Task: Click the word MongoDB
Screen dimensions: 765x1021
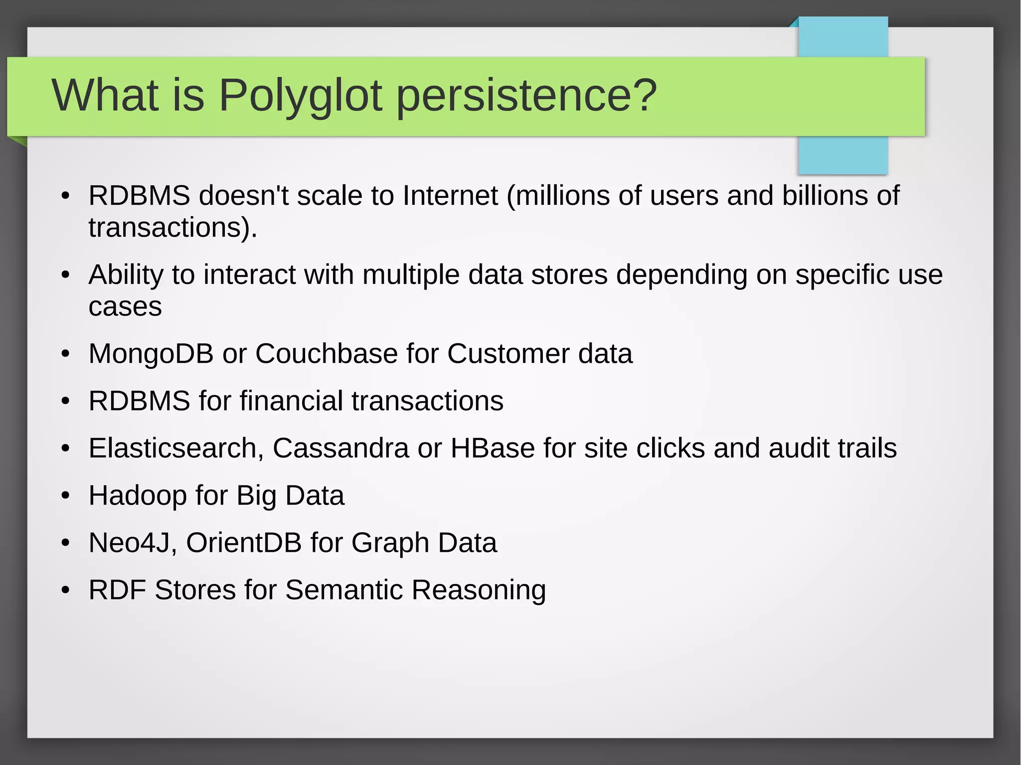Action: (151, 354)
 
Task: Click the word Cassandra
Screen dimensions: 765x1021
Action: (340, 448)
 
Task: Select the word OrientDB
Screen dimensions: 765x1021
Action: (244, 543)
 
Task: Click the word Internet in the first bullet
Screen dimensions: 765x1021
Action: (450, 195)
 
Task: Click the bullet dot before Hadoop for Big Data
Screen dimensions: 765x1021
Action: (65, 496)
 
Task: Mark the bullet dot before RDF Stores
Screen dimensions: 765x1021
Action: (65, 590)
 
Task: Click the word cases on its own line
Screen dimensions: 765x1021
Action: (125, 307)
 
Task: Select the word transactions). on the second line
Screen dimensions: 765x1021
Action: (172, 228)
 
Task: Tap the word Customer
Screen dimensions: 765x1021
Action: (508, 354)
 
